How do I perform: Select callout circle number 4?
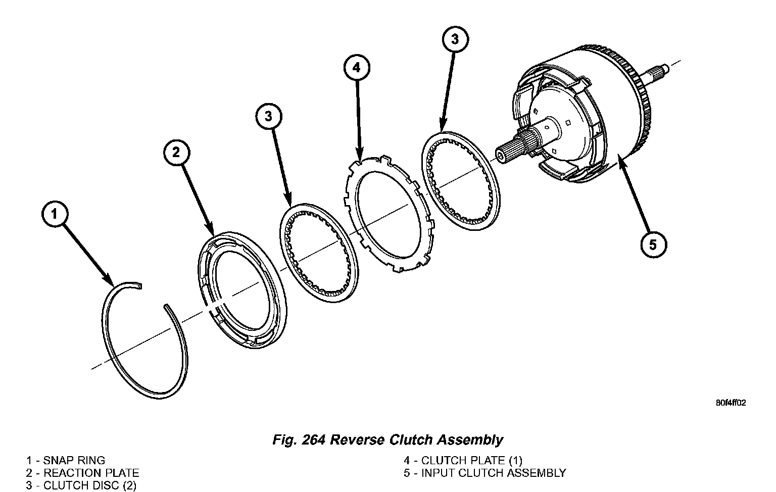tap(357, 67)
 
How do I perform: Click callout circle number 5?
tap(653, 244)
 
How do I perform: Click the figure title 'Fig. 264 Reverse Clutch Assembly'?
tap(387, 439)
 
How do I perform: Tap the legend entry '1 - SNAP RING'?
tap(66, 460)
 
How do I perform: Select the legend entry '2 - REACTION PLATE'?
tap(82, 473)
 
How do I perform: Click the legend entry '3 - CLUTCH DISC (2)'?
tap(81, 486)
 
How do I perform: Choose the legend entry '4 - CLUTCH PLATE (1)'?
tap(463, 460)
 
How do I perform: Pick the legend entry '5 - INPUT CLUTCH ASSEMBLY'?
tap(484, 473)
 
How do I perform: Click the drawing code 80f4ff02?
tap(731, 403)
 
